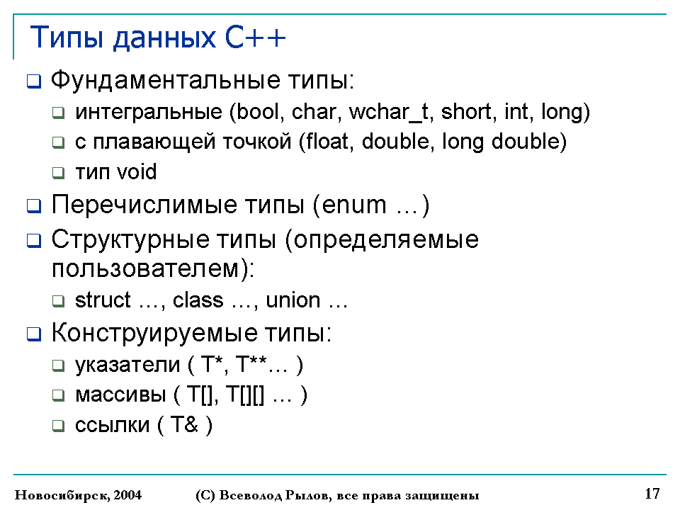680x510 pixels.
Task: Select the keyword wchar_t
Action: coord(388,113)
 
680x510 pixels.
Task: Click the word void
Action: coord(137,171)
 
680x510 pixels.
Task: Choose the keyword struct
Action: coord(103,300)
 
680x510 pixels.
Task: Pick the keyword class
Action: coord(198,300)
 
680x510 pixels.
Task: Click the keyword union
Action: coord(293,300)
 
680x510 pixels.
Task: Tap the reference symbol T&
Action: coord(184,424)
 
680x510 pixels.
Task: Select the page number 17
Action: coord(652,494)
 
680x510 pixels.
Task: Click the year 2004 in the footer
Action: coord(127,495)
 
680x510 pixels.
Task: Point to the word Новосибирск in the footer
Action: coord(62,495)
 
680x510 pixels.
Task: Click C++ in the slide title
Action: coord(256,38)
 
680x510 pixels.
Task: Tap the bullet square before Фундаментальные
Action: coord(34,81)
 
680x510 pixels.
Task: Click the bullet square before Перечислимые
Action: coord(34,205)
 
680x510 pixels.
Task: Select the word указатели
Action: coord(127,365)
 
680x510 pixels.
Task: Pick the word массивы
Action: coord(120,395)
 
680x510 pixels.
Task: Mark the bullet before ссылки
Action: coord(58,426)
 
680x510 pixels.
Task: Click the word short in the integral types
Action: coord(466,112)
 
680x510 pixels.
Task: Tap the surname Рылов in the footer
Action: coord(307,495)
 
